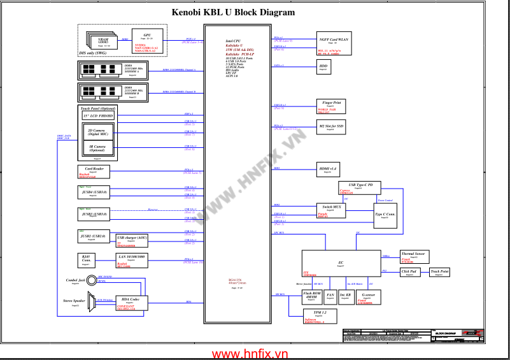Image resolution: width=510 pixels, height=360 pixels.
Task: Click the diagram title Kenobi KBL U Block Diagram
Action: pyautogui.click(x=234, y=12)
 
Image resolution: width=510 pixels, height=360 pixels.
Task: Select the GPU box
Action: pyautogui.click(x=147, y=38)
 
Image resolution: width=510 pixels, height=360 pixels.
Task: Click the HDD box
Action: pyautogui.click(x=323, y=67)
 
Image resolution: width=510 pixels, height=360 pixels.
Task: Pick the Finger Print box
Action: pyautogui.click(x=331, y=104)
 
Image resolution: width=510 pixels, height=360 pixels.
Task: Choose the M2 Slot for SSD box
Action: pyautogui.click(x=331, y=127)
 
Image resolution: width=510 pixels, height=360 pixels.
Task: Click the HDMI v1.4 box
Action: pyautogui.click(x=329, y=169)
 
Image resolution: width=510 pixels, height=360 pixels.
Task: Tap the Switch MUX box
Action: pyautogui.click(x=330, y=211)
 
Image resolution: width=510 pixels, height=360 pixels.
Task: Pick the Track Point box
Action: pyautogui.click(x=439, y=272)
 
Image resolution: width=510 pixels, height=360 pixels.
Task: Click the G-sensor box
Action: pyautogui.click(x=367, y=297)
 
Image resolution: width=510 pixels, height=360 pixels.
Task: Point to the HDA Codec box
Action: pyautogui.click(x=131, y=303)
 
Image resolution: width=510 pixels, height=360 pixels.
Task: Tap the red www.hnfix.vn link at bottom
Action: pyautogui.click(x=250, y=353)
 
